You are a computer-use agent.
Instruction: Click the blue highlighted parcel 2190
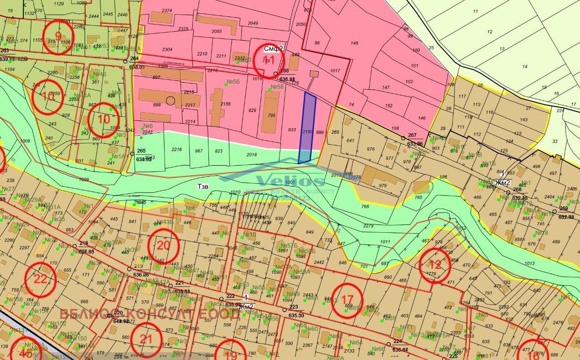pyautogui.click(x=306, y=128)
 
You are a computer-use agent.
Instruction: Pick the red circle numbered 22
pyautogui.click(x=41, y=279)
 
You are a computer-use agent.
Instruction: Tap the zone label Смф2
pyautogui.click(x=274, y=48)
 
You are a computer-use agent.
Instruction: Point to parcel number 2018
pyautogui.click(x=251, y=155)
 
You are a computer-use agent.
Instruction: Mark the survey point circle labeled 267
pyautogui.click(x=403, y=138)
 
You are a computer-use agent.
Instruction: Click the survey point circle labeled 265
pyautogui.click(x=132, y=154)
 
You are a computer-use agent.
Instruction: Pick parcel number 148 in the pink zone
pyautogui.click(x=354, y=44)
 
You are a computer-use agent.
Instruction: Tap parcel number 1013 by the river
pyautogui.click(x=529, y=263)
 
